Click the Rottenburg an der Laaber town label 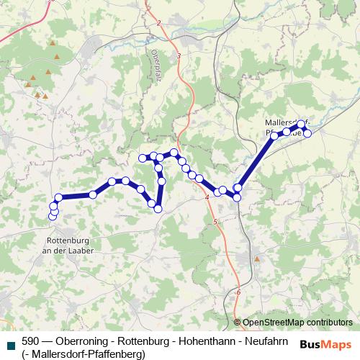coord(68,245)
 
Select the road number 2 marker coord(158,23)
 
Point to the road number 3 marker coord(177,55)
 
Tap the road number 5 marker coord(215,224)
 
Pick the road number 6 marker coord(238,292)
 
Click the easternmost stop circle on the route coord(308,133)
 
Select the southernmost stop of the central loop coord(158,209)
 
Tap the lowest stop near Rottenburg coord(52,217)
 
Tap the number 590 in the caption coord(30,341)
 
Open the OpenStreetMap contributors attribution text coord(297,323)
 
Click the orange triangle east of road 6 coord(257,257)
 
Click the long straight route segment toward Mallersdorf coord(256,162)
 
